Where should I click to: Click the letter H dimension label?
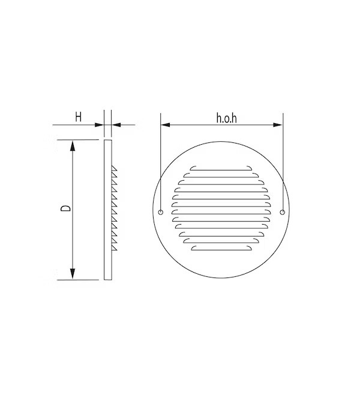pos(78,117)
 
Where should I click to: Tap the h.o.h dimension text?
pos(226,118)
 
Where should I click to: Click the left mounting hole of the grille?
pos(161,212)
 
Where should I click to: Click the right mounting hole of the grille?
pos(282,212)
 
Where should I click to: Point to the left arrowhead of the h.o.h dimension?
pos(165,124)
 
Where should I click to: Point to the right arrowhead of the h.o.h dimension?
pos(278,124)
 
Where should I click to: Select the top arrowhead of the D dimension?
pos(73,146)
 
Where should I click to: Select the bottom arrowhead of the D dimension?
pos(73,274)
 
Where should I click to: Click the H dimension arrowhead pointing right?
pos(99,125)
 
